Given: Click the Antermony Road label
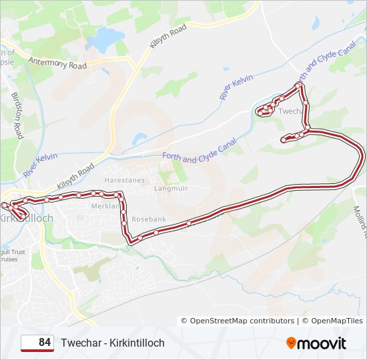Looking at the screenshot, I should pyautogui.click(x=58, y=63).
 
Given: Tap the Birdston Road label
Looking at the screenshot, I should pyautogui.click(x=17, y=115).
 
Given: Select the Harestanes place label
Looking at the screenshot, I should pyautogui.click(x=125, y=181).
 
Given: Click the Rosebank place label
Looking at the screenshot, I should pyautogui.click(x=149, y=219).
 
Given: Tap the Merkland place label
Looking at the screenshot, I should pyautogui.click(x=105, y=206).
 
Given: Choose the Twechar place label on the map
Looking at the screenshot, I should pyautogui.click(x=290, y=111).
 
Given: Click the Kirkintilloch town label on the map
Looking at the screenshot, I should pyautogui.click(x=27, y=219).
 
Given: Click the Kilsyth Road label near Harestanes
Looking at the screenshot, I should pyautogui.click(x=76, y=177).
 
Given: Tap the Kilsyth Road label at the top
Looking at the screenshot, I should pyautogui.click(x=167, y=39).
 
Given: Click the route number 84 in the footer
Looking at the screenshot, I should pyautogui.click(x=45, y=343).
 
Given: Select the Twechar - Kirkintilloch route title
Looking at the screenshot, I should pyautogui.click(x=112, y=343).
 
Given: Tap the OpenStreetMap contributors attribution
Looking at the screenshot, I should pyautogui.click(x=242, y=321).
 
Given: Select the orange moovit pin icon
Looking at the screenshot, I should pyautogui.click(x=292, y=343).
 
